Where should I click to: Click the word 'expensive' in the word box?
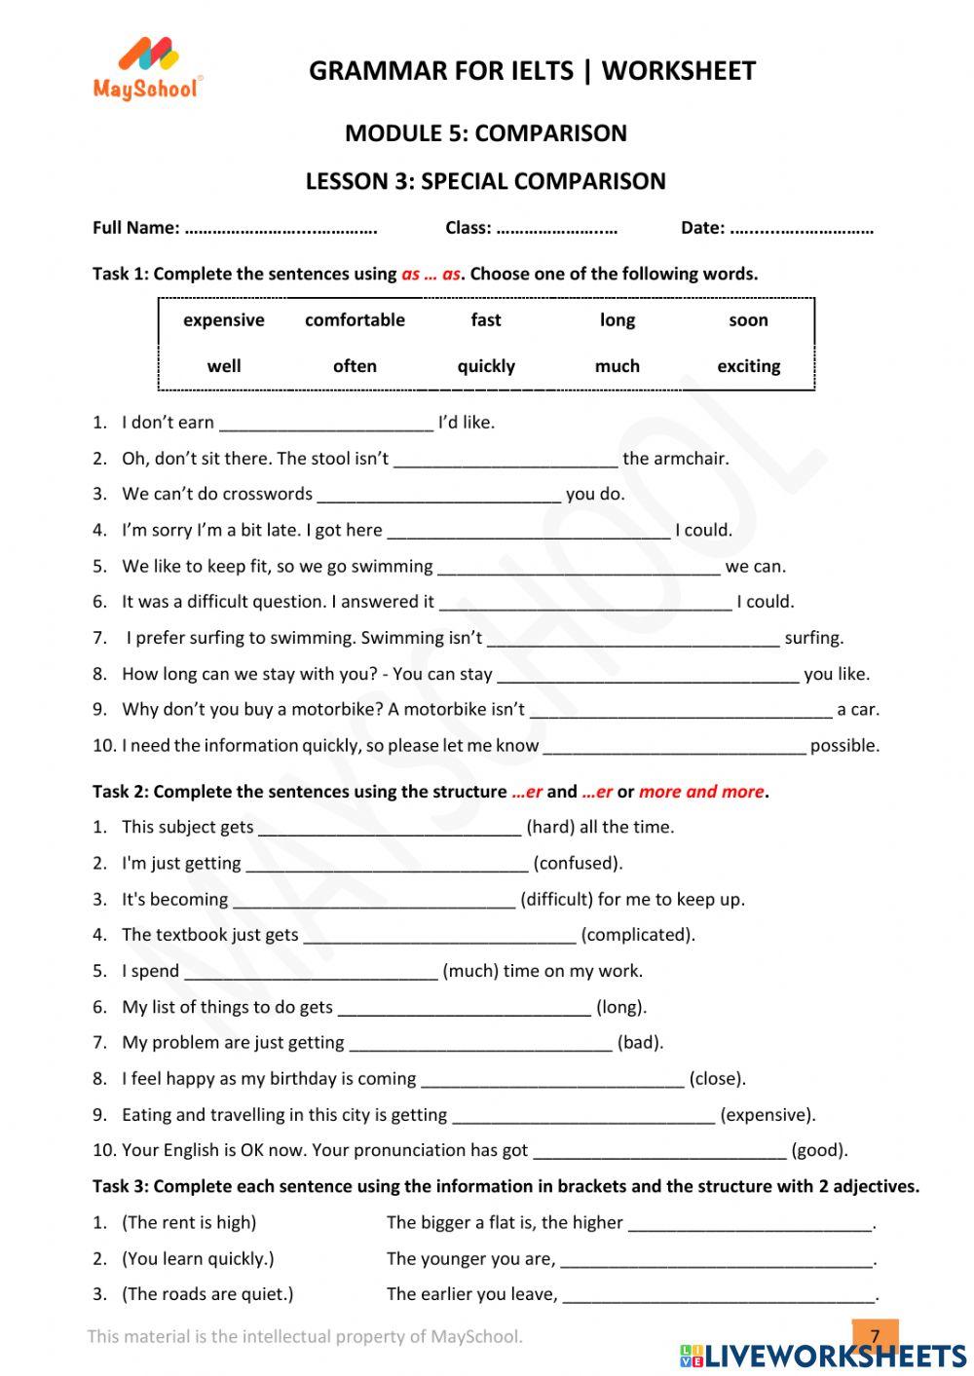pyautogui.click(x=223, y=320)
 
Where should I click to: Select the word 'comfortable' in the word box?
pyautogui.click(x=355, y=320)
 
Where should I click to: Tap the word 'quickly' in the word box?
pyautogui.click(x=486, y=366)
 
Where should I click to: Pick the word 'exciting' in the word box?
pyautogui.click(x=748, y=366)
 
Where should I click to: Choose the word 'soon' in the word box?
pyautogui.click(x=748, y=320)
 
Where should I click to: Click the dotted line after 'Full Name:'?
pyautogui.click(x=281, y=229)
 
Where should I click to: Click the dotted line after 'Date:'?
pyautogui.click(x=802, y=229)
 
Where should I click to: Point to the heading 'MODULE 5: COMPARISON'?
pyautogui.click(x=486, y=133)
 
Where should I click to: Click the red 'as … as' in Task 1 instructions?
pyautogui.click(x=431, y=275)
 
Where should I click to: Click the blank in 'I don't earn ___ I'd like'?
pyautogui.click(x=326, y=424)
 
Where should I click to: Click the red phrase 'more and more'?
pyautogui.click(x=701, y=792)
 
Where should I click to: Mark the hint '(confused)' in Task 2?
pyautogui.click(x=578, y=864)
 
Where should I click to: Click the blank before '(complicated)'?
pyautogui.click(x=439, y=936)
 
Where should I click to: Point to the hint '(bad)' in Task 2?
pyautogui.click(x=640, y=1043)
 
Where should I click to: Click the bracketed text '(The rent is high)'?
pyautogui.click(x=189, y=1223)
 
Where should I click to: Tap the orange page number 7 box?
pyautogui.click(x=875, y=1334)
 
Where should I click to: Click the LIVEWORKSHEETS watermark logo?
pyautogui.click(x=823, y=1356)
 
